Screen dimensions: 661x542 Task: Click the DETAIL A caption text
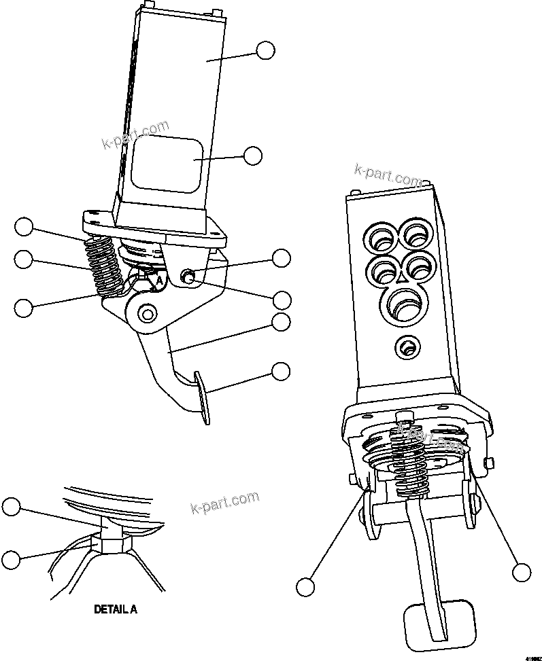(115, 609)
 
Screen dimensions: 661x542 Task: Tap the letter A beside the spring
(159, 279)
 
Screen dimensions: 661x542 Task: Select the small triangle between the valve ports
(403, 276)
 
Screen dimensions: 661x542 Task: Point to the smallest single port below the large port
(407, 348)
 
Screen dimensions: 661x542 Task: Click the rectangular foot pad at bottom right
(435, 624)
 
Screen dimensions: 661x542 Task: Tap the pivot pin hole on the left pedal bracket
(146, 313)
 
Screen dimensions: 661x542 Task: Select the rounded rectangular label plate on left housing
(167, 164)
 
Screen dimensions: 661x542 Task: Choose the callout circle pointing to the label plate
(253, 156)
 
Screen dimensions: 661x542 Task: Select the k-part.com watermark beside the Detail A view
(225, 503)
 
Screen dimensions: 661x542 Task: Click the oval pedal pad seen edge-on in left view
(202, 397)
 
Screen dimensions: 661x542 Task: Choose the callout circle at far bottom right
(522, 573)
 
